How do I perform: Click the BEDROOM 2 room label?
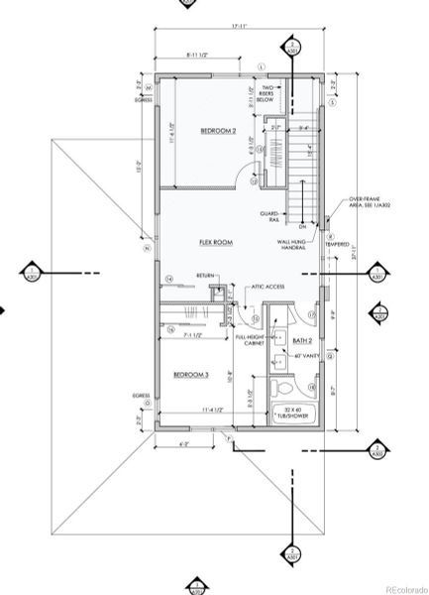218,131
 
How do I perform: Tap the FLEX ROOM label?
215,241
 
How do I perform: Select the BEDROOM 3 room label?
190,375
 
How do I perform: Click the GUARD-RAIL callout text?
269,216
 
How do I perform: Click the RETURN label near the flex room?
205,275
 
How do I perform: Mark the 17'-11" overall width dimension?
239,25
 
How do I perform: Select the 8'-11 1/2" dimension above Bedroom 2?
201,56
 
